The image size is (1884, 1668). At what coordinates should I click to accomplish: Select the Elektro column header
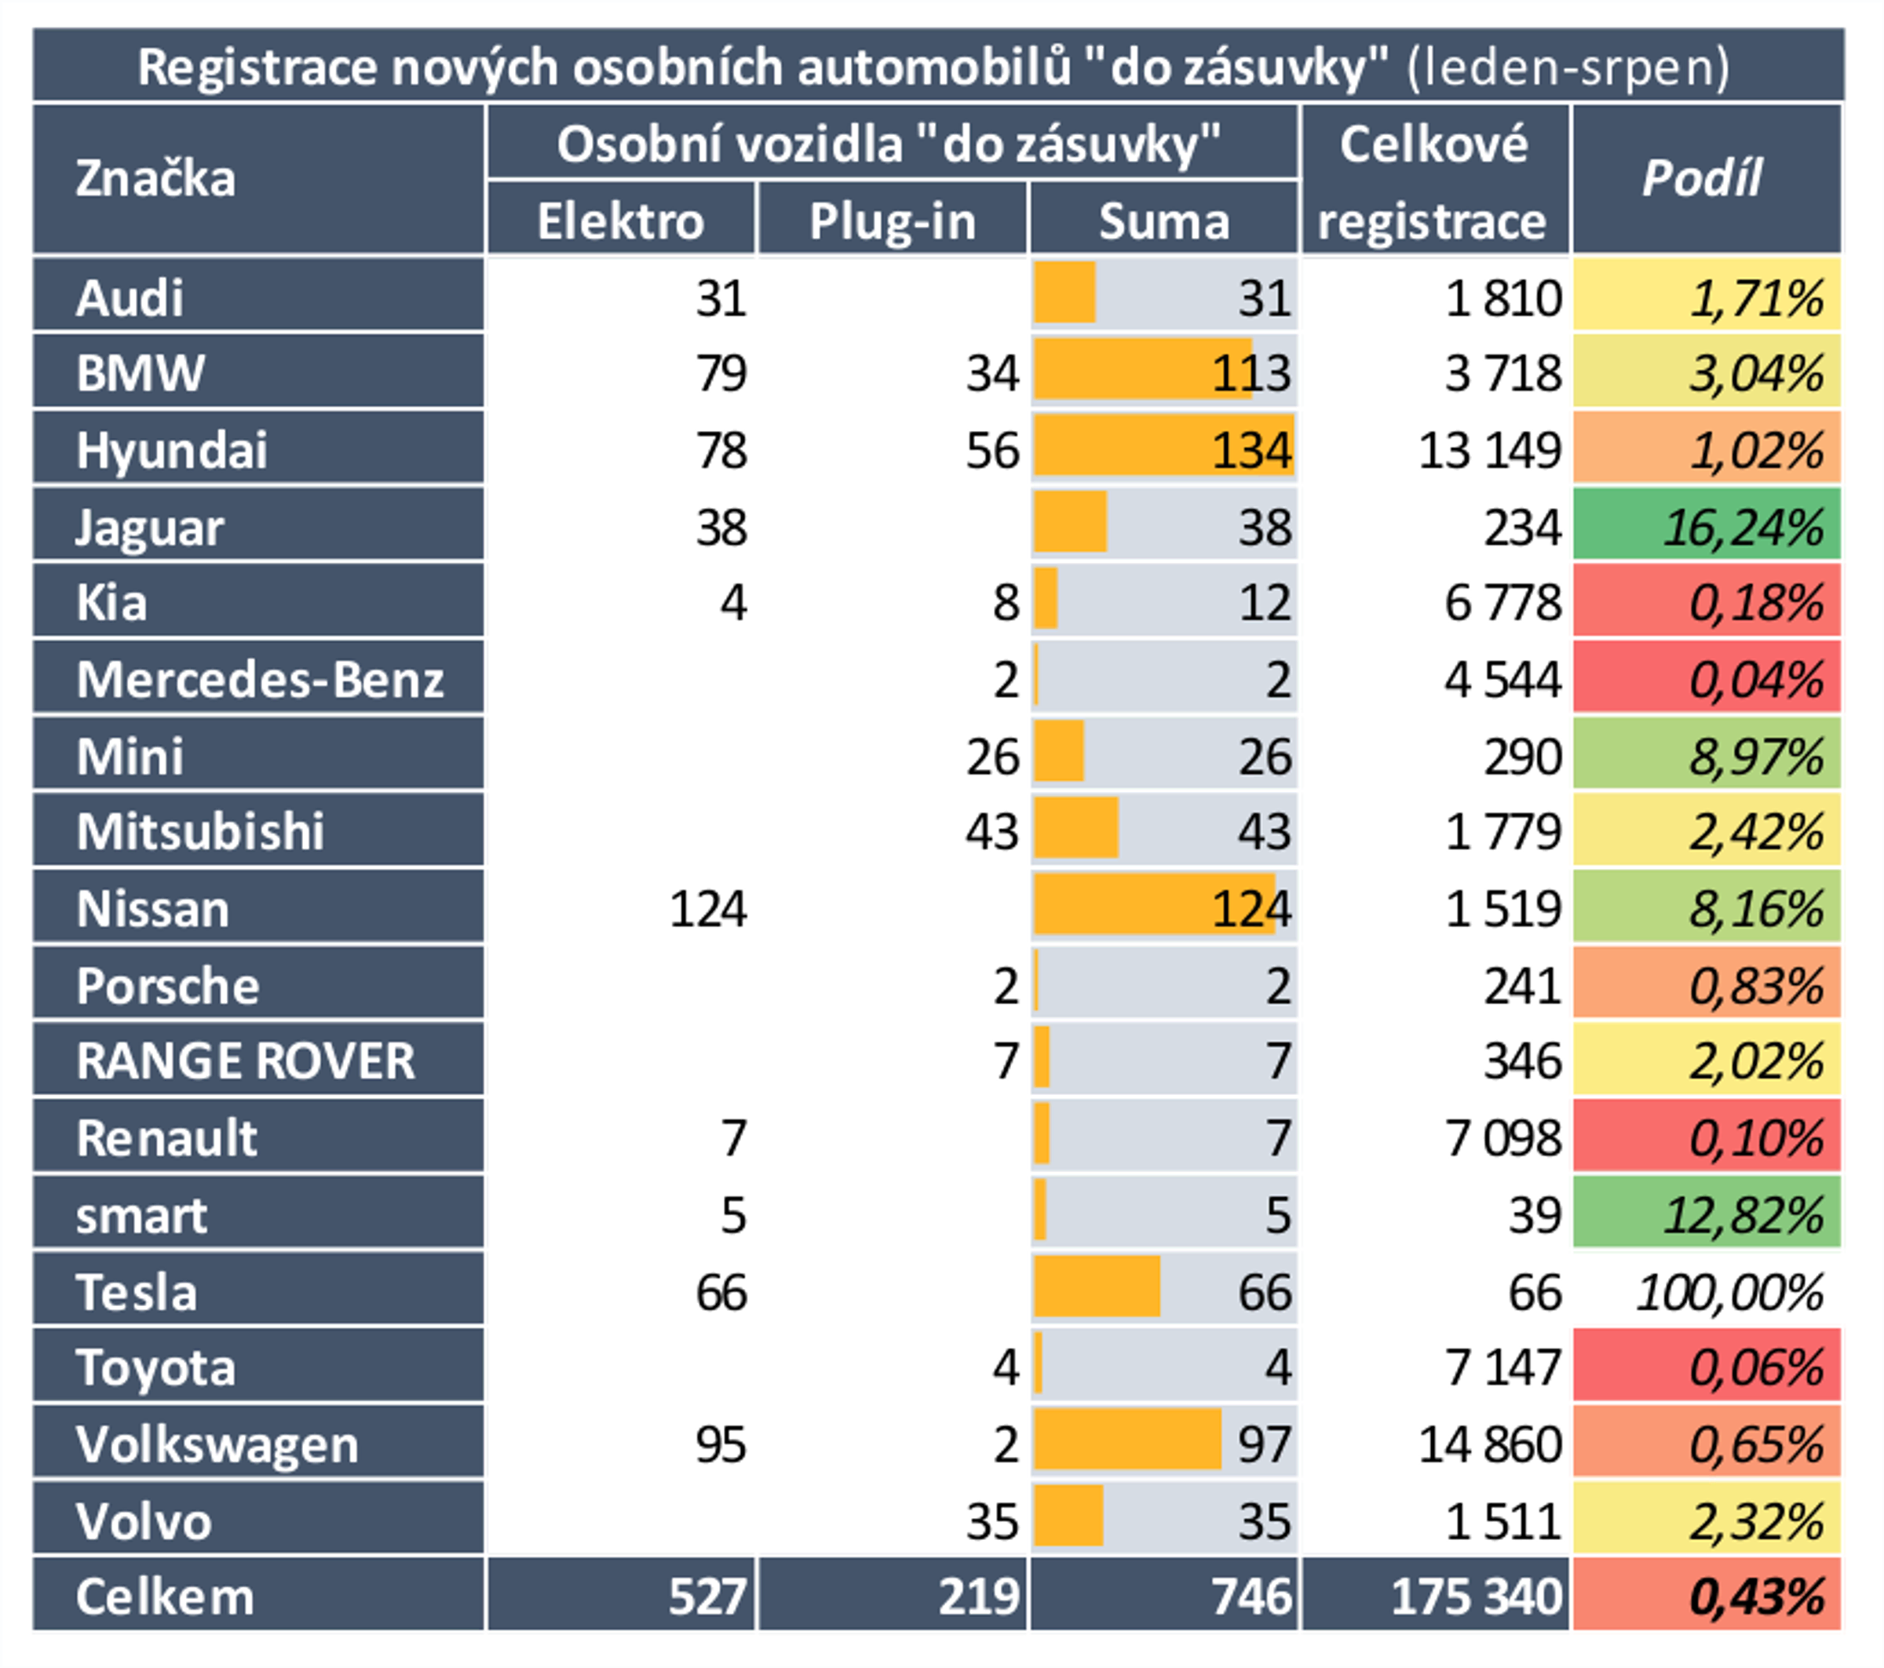(620, 221)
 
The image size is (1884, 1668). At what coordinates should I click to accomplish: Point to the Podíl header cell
(1705, 178)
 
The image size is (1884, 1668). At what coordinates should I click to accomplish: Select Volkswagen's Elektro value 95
(721, 1444)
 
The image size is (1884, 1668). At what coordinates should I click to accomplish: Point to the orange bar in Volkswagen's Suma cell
(1126, 1440)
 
